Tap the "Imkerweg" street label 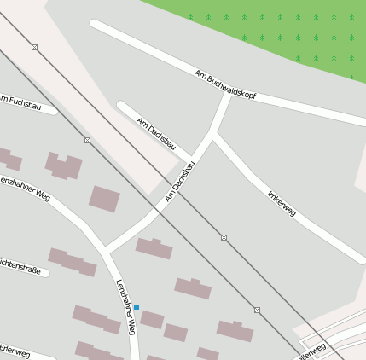(281, 203)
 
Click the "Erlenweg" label (15, 351)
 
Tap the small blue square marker (137, 306)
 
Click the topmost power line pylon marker (34, 47)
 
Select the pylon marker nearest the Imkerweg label (224, 237)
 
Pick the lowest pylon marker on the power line (257, 310)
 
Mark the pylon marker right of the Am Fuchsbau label (87, 140)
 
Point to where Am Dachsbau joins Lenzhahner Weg (107, 251)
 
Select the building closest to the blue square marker (152, 319)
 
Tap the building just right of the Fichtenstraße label (72, 262)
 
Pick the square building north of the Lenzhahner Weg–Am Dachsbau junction (104, 199)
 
